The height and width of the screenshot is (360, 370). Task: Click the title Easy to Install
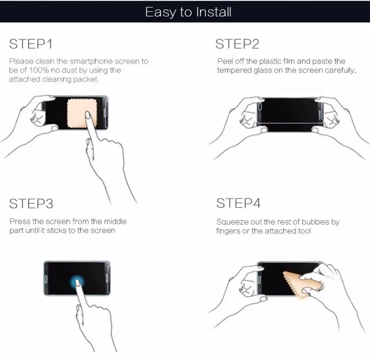[x=188, y=12]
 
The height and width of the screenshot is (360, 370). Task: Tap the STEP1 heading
[x=31, y=44]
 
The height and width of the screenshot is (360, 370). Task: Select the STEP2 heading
[x=237, y=44]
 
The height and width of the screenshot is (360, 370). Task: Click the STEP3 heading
[x=31, y=204]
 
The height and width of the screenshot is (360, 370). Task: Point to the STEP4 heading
[x=238, y=203]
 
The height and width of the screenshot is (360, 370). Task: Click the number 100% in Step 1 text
[x=39, y=70]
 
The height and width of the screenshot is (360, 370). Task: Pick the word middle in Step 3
[x=115, y=221]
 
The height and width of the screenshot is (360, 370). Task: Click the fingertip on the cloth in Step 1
[x=88, y=115]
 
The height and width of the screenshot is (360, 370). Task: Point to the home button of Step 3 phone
[x=46, y=280]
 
